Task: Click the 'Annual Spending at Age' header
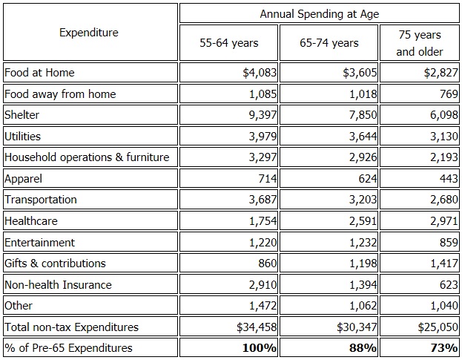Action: (x=319, y=14)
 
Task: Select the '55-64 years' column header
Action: (x=228, y=43)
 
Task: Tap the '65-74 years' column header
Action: (x=329, y=43)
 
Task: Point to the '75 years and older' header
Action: (x=420, y=43)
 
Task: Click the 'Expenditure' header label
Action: (x=89, y=33)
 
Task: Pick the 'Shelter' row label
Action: (x=22, y=115)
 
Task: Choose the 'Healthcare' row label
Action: (x=30, y=221)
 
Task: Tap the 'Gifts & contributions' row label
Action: (x=55, y=264)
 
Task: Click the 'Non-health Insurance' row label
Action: (x=58, y=285)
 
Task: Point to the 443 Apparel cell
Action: (x=449, y=179)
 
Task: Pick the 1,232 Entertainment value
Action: (x=361, y=243)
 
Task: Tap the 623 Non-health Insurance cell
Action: (x=449, y=285)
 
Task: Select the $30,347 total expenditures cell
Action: (x=354, y=327)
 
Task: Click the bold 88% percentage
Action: (x=362, y=348)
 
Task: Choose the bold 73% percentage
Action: (x=444, y=348)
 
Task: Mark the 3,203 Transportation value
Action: (x=361, y=200)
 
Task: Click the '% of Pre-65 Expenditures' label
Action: (x=68, y=348)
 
